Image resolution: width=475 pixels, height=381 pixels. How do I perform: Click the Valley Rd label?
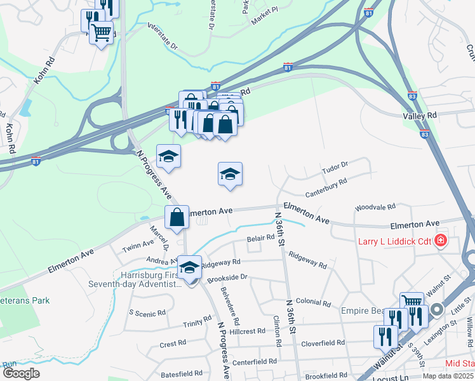pos(420,116)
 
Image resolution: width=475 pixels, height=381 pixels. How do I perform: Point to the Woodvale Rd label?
pos(375,207)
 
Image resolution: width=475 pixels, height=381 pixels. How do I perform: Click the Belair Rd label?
pos(260,237)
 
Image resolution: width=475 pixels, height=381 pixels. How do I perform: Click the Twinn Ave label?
pos(138,244)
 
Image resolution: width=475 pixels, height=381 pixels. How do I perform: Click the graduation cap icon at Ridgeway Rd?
pos(189,267)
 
